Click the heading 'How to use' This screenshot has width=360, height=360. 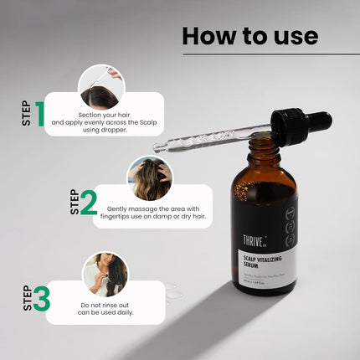point(249,36)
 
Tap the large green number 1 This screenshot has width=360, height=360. point(39,117)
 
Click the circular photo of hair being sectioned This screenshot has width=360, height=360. point(101,87)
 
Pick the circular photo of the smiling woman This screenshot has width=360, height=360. point(105,275)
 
